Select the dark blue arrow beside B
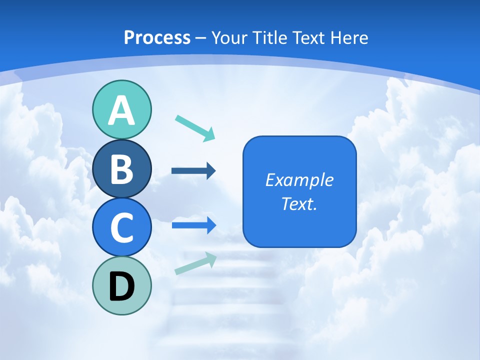coord(193,171)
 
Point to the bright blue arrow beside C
coord(193,225)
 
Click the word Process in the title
coord(157,37)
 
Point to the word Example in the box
coord(299,180)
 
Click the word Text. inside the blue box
coord(299,204)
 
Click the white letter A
coord(121,111)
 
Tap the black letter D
coord(121,286)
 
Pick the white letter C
coord(121,228)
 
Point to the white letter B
coord(121,169)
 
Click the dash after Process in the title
coord(201,38)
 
